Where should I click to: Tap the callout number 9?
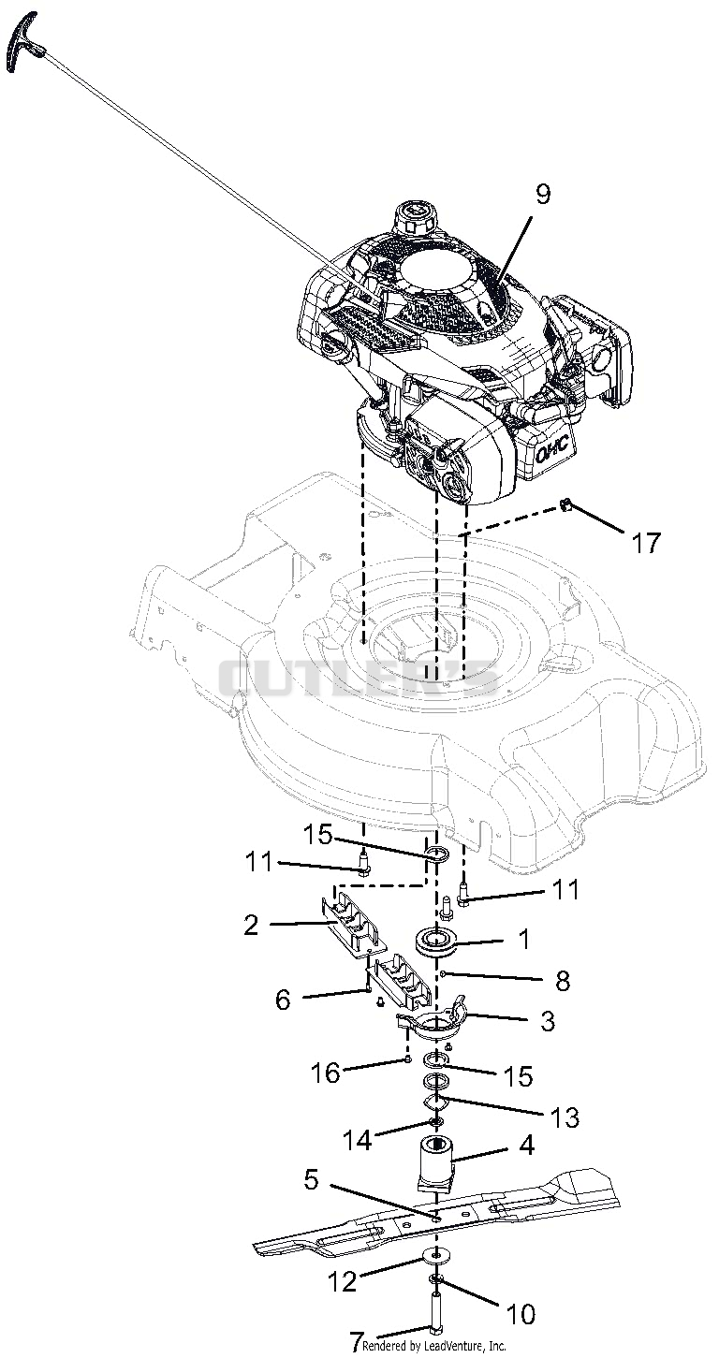[x=543, y=196]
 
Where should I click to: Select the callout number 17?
[x=645, y=543]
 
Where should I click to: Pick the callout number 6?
[x=283, y=1000]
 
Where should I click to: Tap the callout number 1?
[x=525, y=939]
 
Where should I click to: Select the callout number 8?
[x=563, y=982]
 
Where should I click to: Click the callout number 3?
[x=547, y=1021]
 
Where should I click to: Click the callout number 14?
[x=357, y=1140]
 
